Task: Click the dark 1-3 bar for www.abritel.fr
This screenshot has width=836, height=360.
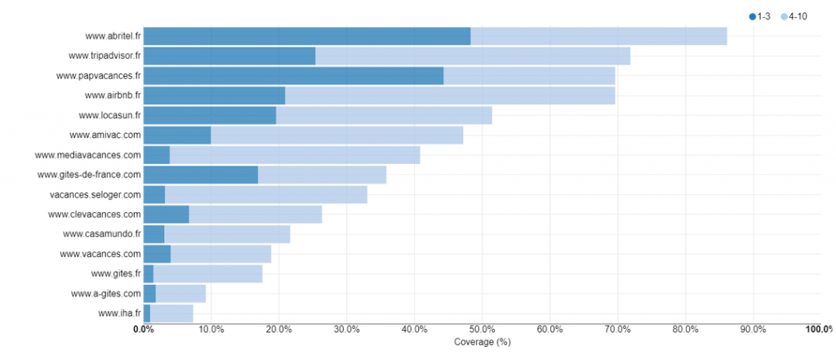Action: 307,36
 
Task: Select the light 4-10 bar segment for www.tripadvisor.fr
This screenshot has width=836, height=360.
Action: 473,56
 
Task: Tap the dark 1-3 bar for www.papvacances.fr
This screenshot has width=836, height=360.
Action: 293,76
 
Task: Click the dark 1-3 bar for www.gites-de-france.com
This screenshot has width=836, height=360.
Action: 201,175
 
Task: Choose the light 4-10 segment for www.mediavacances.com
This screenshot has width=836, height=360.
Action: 295,155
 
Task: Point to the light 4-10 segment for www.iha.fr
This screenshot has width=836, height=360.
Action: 171,313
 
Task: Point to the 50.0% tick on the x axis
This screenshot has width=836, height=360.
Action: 482,330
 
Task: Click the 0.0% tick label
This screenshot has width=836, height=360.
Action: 144,330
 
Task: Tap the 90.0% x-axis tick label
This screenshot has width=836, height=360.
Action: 753,330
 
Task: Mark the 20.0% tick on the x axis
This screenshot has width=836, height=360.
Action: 278,330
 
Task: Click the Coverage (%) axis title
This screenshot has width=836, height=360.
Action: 482,342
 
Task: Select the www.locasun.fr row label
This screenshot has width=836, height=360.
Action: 109,115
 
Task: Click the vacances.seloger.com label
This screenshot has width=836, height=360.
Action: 96,194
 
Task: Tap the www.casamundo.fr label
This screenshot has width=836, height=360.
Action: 101,234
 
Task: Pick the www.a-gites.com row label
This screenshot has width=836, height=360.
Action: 106,294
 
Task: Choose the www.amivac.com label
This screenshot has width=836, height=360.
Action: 105,136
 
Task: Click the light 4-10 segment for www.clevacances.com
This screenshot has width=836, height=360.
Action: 256,215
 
